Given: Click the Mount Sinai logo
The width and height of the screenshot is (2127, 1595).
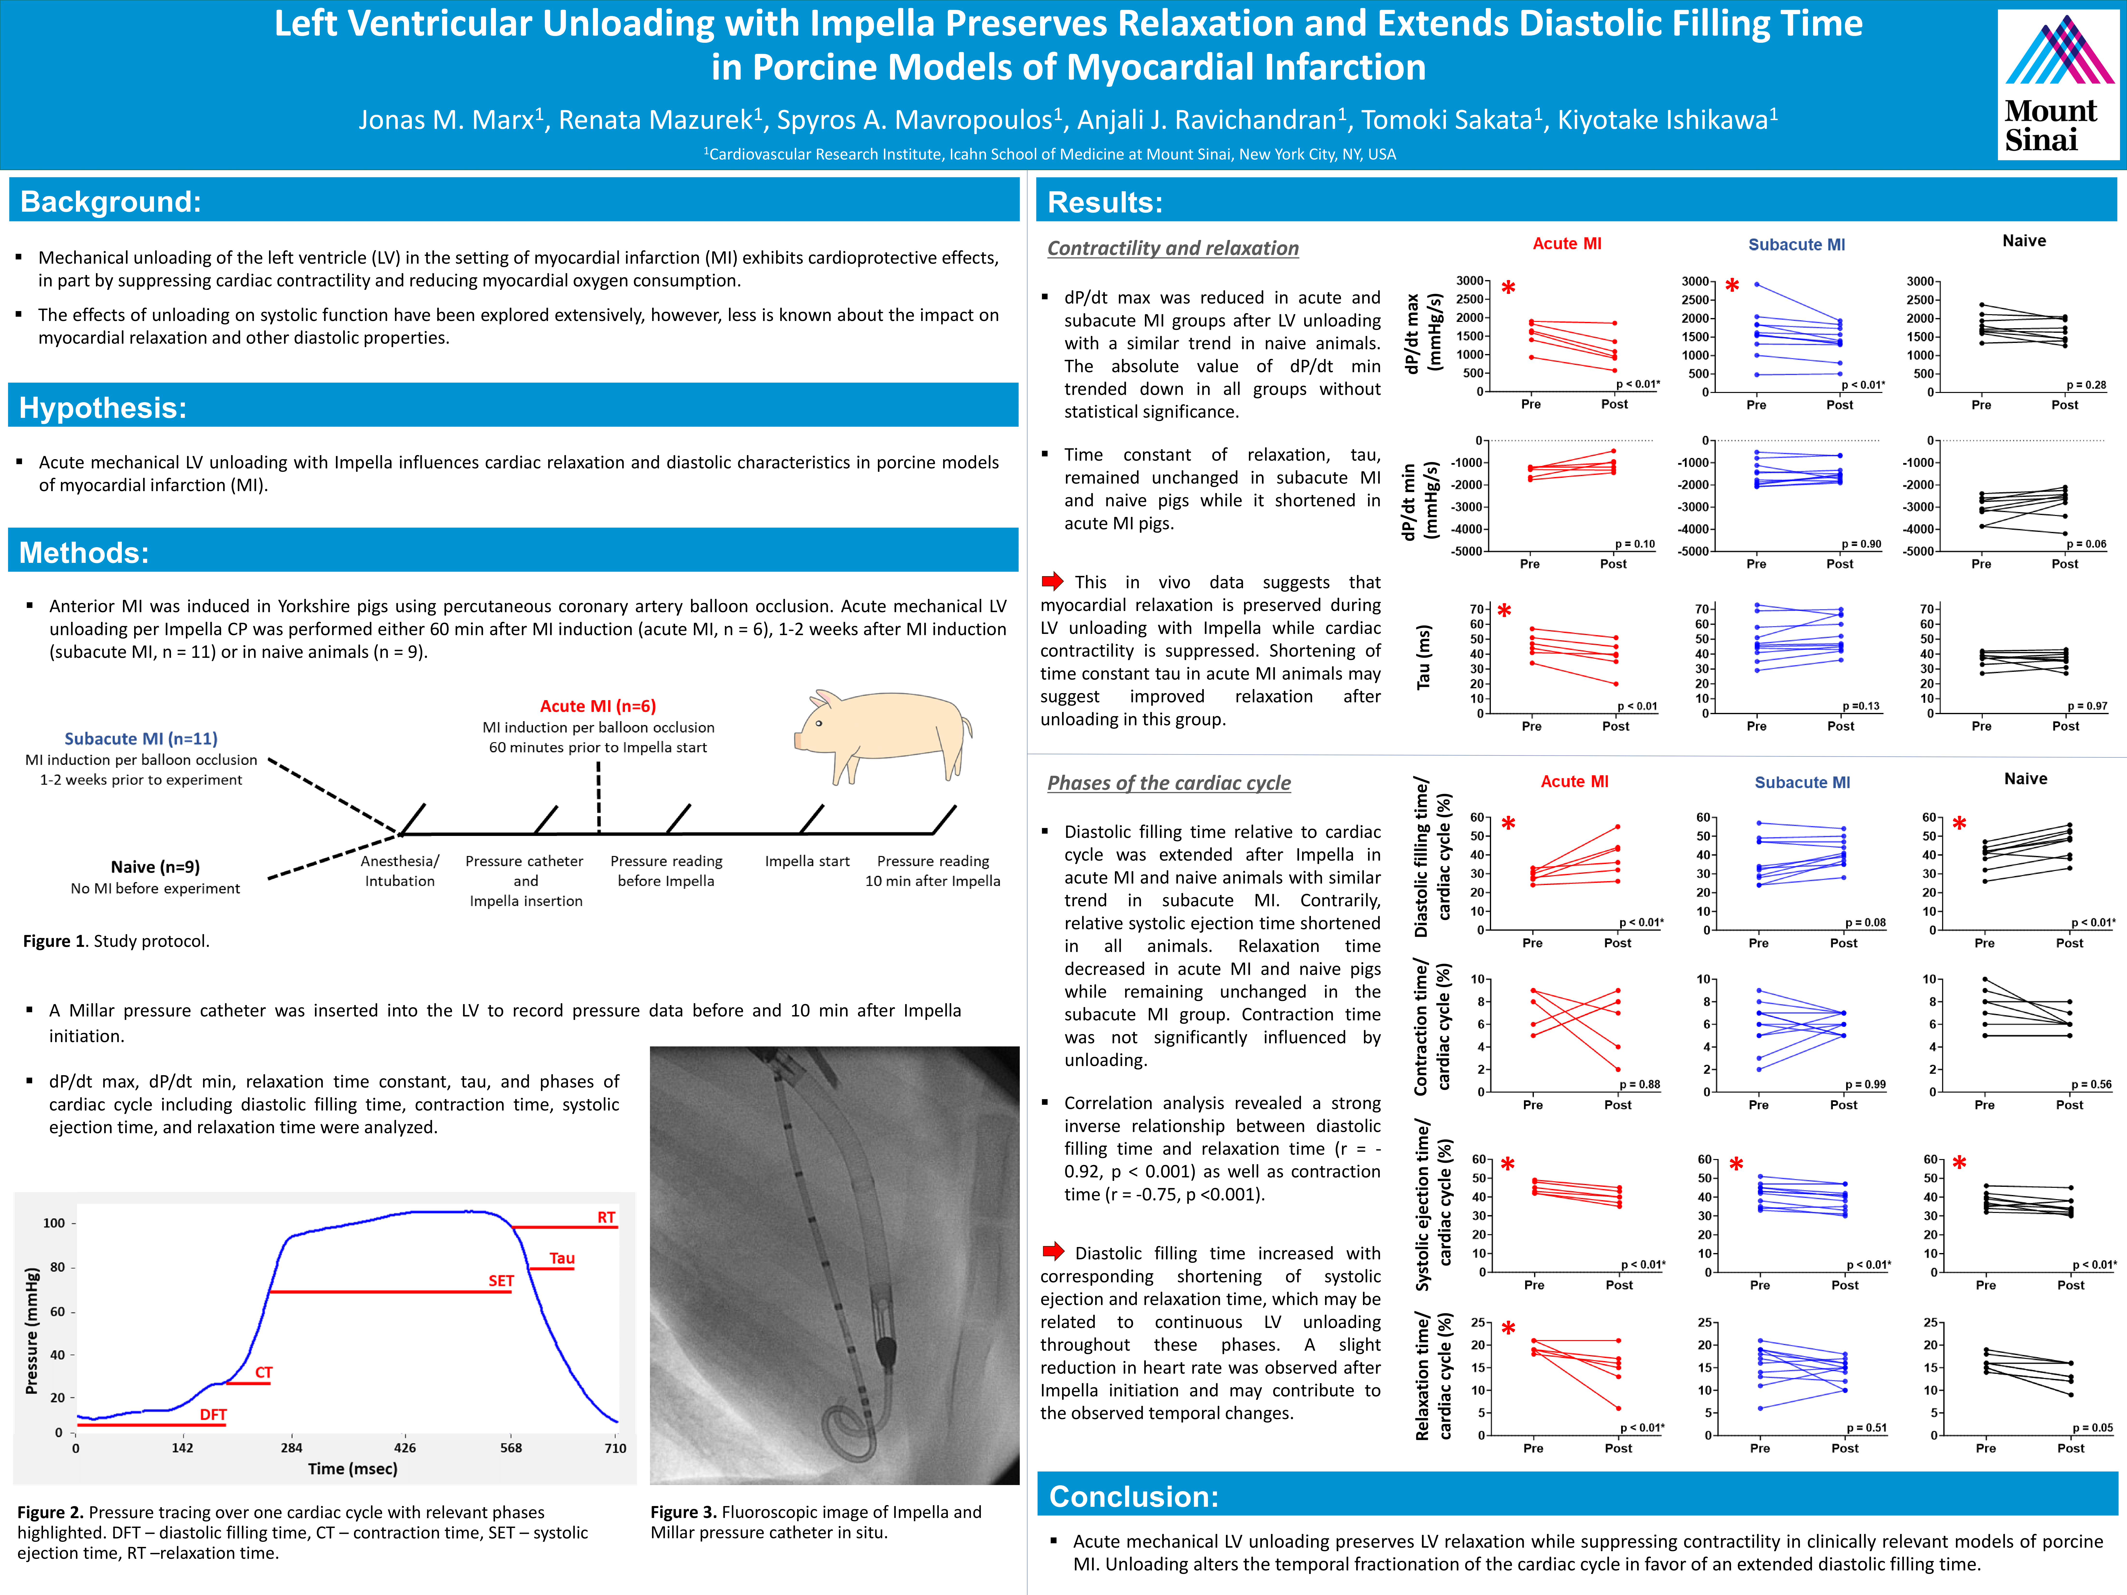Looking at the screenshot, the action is [x=2058, y=85].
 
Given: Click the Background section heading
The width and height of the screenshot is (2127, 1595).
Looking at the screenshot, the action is [x=111, y=202].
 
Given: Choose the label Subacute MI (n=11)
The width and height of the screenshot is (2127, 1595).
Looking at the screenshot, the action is [x=141, y=738].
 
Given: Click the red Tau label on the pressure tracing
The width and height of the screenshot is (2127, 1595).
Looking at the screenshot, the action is [x=562, y=1258].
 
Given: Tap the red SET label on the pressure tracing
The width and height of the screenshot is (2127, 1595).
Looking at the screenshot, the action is [x=501, y=1281].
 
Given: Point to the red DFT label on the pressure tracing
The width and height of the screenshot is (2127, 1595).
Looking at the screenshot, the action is [x=213, y=1414].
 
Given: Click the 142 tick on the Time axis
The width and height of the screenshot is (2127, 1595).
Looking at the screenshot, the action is [x=183, y=1448].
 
